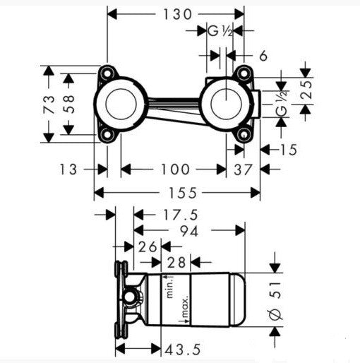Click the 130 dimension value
point(177,15)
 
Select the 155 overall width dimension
point(182,193)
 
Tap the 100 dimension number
point(175,169)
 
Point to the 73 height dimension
point(49,105)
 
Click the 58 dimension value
point(69,104)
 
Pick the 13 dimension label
point(68,169)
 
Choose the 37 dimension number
point(243,169)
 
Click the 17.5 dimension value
point(181,215)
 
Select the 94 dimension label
point(189,231)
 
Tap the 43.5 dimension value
point(183,350)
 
